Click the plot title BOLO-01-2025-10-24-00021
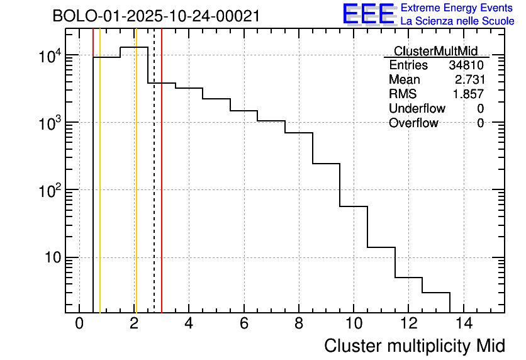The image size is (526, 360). [x=156, y=16]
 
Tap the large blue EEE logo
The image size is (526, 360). [x=369, y=14]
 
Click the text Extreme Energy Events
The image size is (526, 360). [x=457, y=8]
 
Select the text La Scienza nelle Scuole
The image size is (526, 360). [x=457, y=21]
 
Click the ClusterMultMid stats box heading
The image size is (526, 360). [x=435, y=51]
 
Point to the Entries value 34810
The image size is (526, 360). [x=466, y=65]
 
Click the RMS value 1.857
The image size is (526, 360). [x=469, y=94]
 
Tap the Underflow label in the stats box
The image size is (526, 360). [x=417, y=108]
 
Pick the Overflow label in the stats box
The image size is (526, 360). [x=413, y=123]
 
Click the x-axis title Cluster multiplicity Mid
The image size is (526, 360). [x=415, y=346]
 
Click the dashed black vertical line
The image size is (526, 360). [x=154, y=189]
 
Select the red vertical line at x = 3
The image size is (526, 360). [x=162, y=189]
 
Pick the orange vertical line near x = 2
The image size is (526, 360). [x=135, y=189]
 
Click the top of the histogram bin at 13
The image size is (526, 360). [x=436, y=293]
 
